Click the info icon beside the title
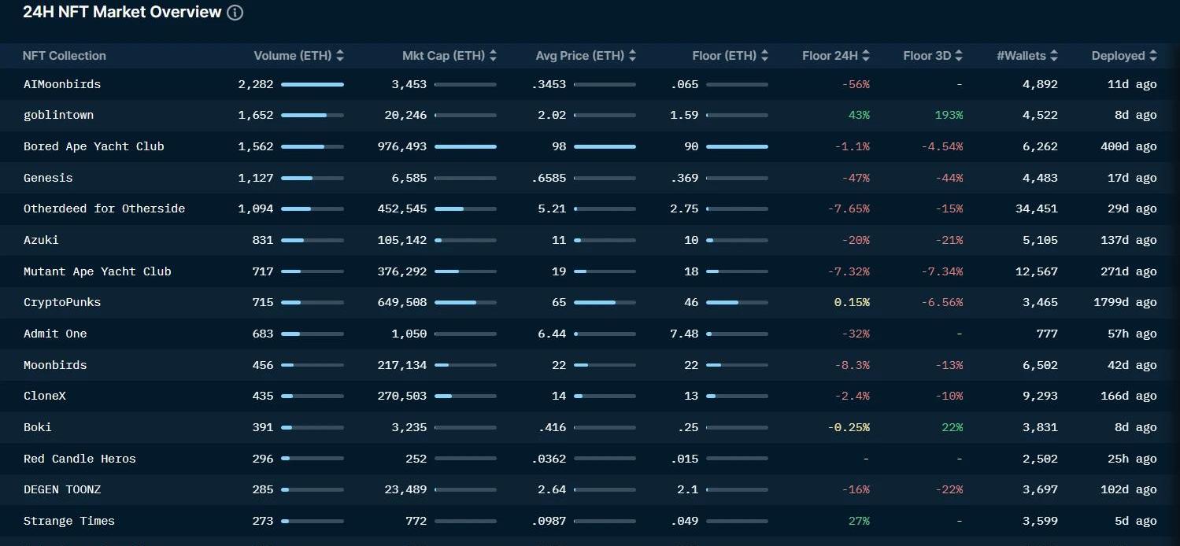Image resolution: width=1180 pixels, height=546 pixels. tap(235, 13)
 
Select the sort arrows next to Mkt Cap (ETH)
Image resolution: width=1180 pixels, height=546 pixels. tap(493, 56)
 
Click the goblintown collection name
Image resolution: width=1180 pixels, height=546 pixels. tap(58, 115)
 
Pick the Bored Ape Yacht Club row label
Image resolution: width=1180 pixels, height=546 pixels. tap(94, 146)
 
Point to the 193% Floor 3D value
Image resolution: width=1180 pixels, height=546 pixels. tap(949, 115)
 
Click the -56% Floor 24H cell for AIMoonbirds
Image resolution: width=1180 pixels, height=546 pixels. tap(855, 84)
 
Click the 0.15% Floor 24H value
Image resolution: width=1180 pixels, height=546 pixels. tap(852, 302)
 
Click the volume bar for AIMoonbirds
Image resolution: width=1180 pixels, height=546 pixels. tap(312, 84)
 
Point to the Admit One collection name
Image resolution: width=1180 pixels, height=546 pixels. tap(55, 334)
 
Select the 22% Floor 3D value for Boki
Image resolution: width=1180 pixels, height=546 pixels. tap(952, 427)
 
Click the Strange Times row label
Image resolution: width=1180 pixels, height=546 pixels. tap(69, 521)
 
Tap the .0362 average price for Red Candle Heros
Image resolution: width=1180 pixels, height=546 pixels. tap(549, 459)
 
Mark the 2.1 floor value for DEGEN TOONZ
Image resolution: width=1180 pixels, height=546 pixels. tap(687, 489)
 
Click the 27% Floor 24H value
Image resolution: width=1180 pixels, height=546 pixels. tap(859, 521)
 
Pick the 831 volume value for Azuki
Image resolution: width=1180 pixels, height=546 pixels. tap(263, 240)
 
